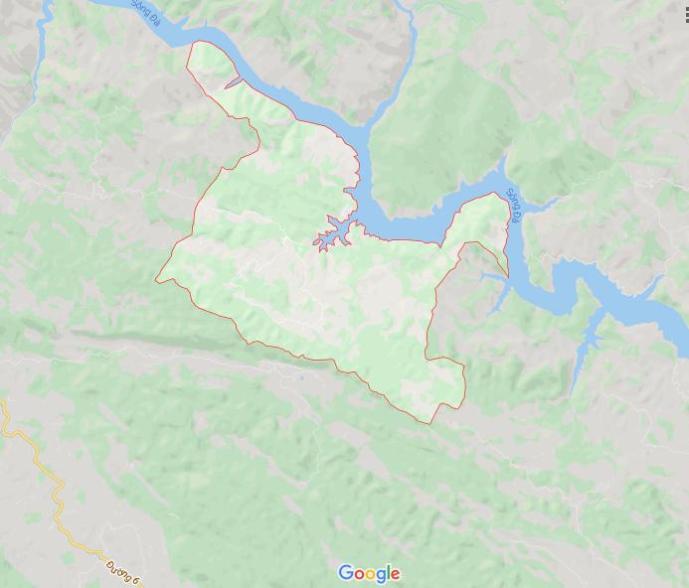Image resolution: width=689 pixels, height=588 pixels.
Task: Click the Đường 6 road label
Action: [124, 569]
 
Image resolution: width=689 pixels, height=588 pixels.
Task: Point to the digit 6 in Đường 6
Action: [138, 577]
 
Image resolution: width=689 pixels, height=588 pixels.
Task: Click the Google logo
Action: [369, 573]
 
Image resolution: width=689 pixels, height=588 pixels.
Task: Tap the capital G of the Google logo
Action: [346, 573]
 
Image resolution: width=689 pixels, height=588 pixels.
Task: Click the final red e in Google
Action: [396, 574]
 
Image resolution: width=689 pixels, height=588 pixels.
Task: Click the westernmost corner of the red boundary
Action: [156, 279]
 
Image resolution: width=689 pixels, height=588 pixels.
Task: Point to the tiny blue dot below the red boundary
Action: [299, 377]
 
